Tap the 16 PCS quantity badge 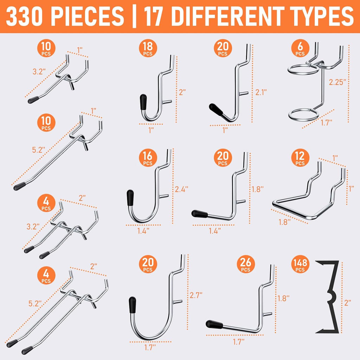(x=148, y=158)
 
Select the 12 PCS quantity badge (x=300, y=158)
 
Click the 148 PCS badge (x=300, y=265)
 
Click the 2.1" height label (x=260, y=92)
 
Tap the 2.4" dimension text (x=182, y=189)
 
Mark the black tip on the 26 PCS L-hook (x=214, y=324)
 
